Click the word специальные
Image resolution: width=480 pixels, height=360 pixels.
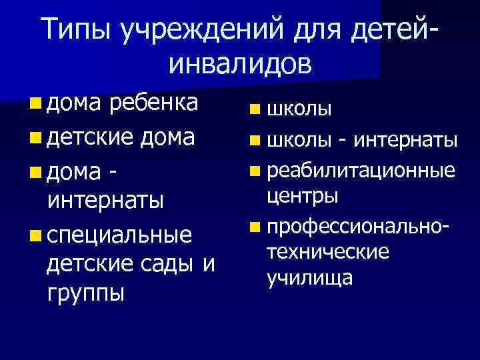tap(119, 235)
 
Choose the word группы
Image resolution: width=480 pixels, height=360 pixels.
tap(86, 293)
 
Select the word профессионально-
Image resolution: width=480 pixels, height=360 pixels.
tap(359, 227)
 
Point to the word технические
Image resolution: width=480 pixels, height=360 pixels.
tap(327, 252)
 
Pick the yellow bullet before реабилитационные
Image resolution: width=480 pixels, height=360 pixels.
tap(257, 171)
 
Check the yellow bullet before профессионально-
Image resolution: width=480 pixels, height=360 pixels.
tap(257, 227)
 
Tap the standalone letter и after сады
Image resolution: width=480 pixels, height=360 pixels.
tap(208, 265)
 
